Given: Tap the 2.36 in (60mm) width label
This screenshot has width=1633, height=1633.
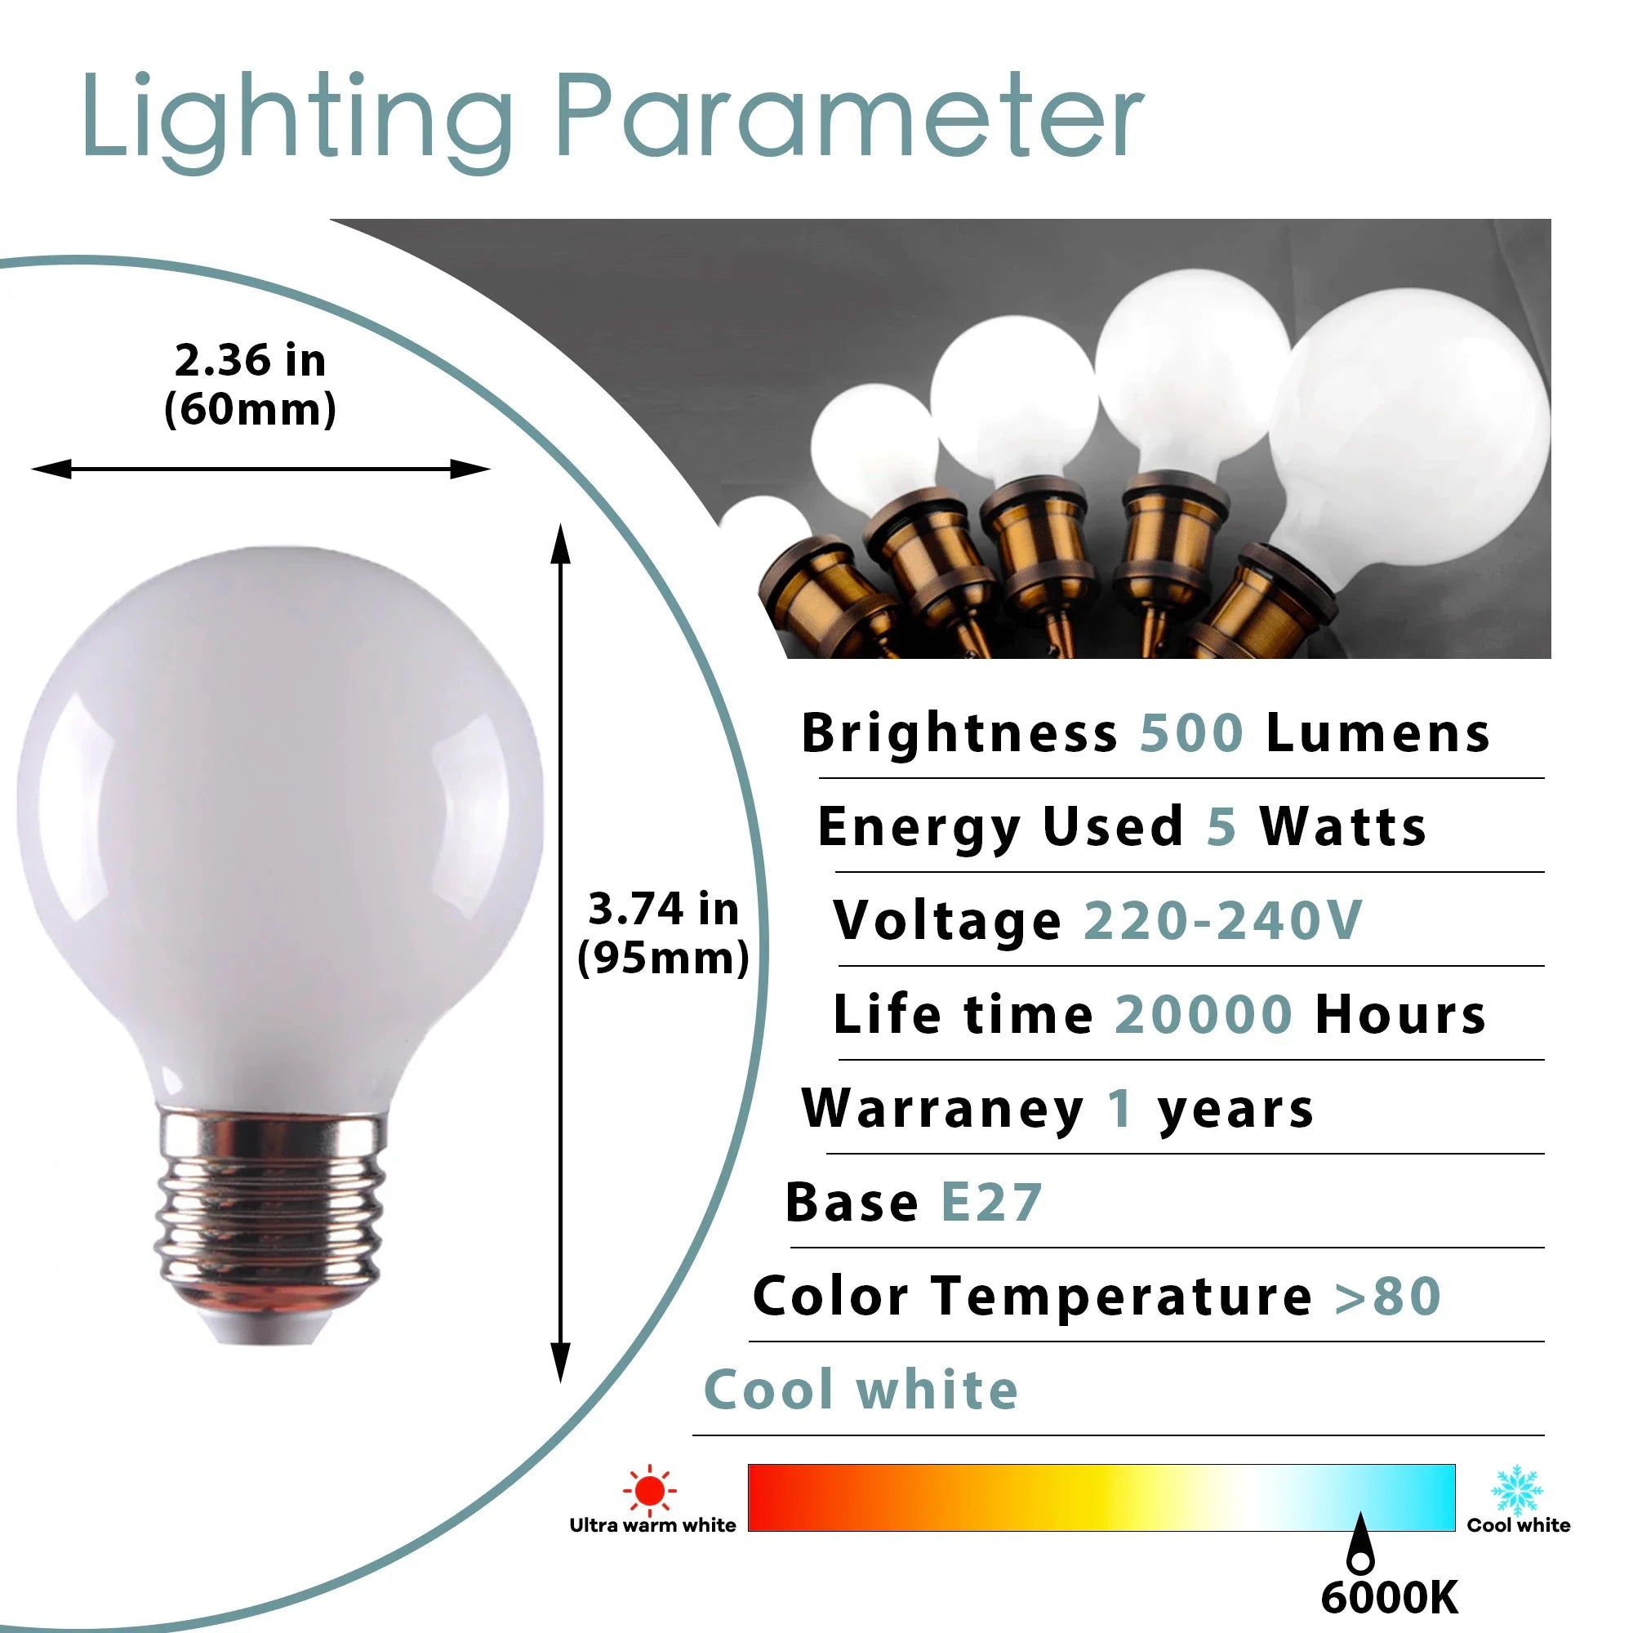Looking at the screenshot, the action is click(x=250, y=385).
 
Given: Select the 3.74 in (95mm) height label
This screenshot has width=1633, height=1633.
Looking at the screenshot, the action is click(x=664, y=934).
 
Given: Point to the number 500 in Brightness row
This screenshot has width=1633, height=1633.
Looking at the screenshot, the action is click(x=1192, y=733).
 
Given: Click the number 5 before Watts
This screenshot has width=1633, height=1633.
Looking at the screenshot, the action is click(x=1221, y=826).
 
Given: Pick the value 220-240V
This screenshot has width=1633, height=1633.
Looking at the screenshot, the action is click(x=1223, y=920).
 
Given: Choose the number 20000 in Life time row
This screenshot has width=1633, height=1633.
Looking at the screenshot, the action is click(x=1204, y=1014).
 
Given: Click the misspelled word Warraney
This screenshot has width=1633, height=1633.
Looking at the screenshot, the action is click(x=943, y=1109).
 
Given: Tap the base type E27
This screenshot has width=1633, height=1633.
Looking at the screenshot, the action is click(x=991, y=1203).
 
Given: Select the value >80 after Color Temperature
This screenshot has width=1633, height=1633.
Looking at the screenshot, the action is click(x=1388, y=1297).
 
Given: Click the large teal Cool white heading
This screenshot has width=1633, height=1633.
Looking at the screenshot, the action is click(x=861, y=1390).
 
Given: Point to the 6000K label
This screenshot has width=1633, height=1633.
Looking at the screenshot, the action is click(x=1390, y=1598).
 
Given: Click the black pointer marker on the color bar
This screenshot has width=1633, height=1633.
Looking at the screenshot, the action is click(x=1360, y=1546).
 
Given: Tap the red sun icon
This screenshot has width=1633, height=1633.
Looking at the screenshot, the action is click(x=649, y=1489).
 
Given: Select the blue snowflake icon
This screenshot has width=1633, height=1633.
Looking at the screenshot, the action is click(x=1517, y=1490).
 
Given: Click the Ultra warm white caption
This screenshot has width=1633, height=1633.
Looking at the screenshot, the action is click(x=652, y=1524).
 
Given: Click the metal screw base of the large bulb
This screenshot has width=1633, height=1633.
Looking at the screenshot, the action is click(x=269, y=1226).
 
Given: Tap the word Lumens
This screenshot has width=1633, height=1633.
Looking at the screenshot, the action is click(x=1378, y=733).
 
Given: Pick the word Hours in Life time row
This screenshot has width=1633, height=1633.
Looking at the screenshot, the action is click(x=1400, y=1014).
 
